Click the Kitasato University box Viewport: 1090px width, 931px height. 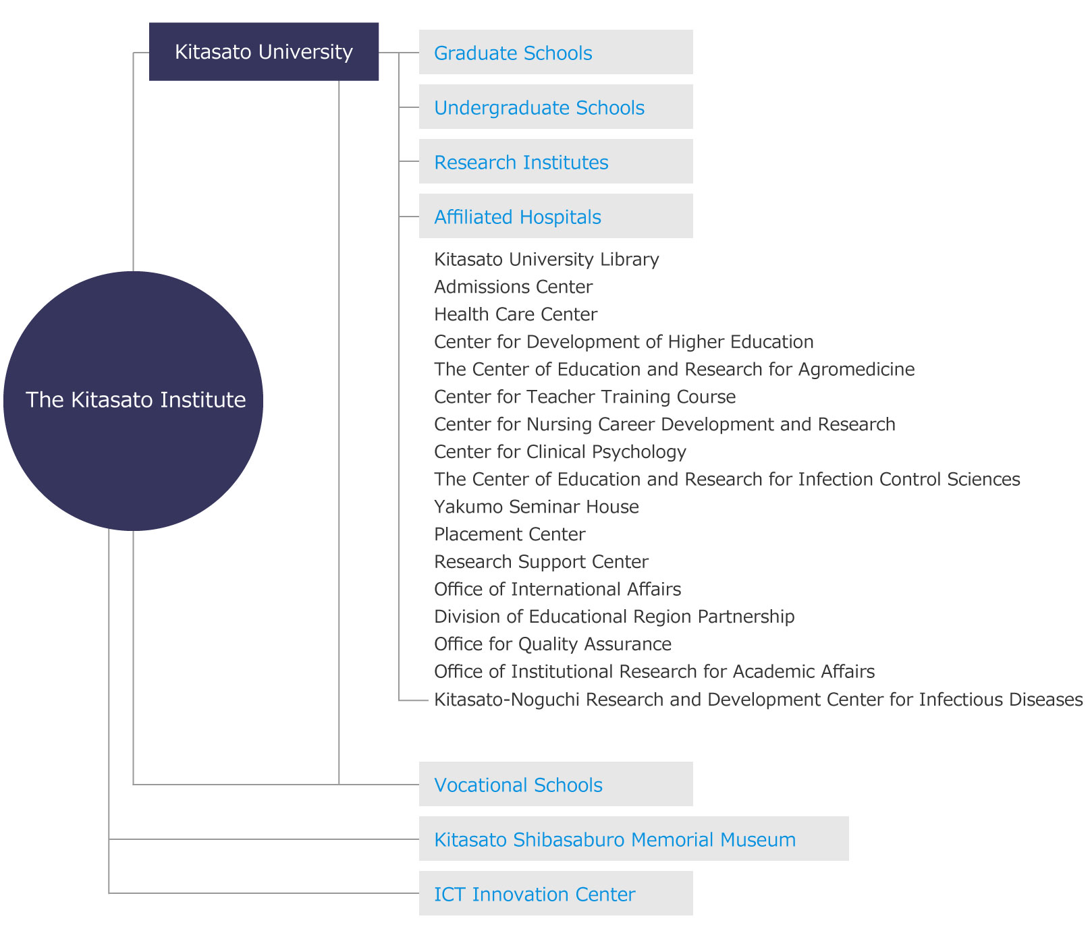tap(263, 52)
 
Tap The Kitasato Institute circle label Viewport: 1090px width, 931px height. tap(135, 400)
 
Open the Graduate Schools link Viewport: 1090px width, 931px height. tap(513, 53)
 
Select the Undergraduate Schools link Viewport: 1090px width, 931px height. tap(539, 108)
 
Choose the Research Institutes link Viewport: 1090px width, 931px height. tap(521, 163)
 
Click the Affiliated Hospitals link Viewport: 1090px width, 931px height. tap(517, 217)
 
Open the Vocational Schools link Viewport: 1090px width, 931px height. tap(518, 785)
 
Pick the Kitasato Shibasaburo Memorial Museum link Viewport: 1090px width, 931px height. tap(614, 840)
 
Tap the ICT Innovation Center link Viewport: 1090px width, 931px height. tap(534, 895)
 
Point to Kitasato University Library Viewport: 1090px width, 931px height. tap(546, 260)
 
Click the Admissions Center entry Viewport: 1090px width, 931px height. tap(513, 287)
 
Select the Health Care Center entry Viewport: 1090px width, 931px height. tap(516, 315)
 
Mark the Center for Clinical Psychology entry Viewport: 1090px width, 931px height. tap(560, 452)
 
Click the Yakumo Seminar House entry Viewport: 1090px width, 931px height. tap(536, 507)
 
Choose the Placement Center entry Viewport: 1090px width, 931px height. tap(510, 535)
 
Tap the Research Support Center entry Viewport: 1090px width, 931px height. tap(541, 562)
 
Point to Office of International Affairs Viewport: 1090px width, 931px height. tap(557, 590)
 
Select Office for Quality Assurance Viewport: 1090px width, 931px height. tap(552, 644)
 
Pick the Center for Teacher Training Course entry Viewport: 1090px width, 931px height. tap(584, 397)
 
